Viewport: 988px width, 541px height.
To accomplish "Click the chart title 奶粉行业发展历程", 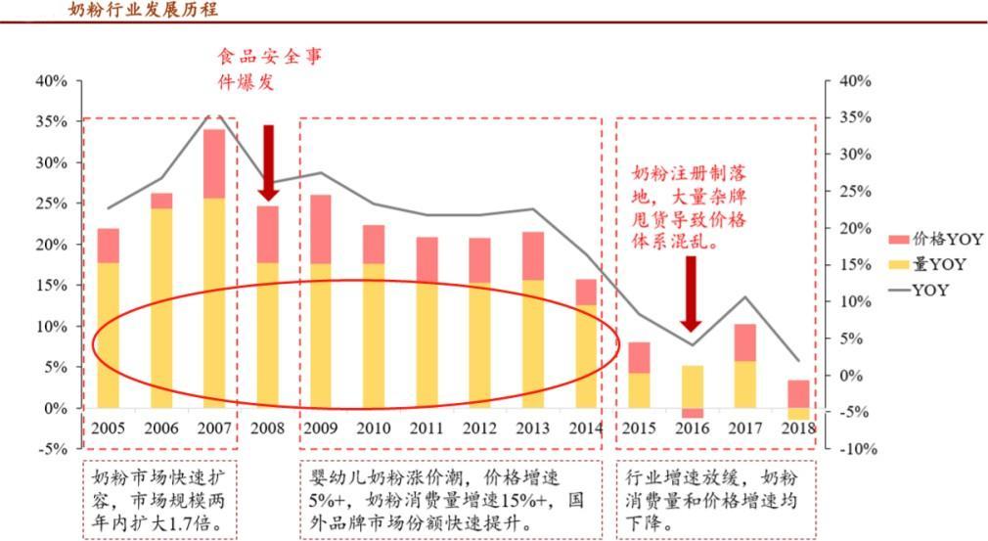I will pos(143,11).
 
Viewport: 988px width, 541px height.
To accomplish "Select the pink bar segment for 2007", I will pos(214,163).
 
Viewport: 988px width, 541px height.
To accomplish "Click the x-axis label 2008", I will pos(267,428).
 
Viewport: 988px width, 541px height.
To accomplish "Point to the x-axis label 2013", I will pos(532,428).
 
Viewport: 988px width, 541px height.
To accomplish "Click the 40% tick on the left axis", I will pos(50,81).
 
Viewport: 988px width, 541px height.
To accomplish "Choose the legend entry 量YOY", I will pos(938,264).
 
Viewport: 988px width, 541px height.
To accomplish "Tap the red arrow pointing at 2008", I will pos(268,161).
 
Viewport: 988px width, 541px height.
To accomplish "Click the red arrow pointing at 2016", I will pos(691,293).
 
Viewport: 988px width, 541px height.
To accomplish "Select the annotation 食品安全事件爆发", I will pos(268,68).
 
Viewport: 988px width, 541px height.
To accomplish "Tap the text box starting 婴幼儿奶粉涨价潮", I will pos(448,500).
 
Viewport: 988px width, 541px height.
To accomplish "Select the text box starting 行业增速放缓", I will pos(714,500).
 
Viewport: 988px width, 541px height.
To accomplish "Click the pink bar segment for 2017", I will pos(744,342).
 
